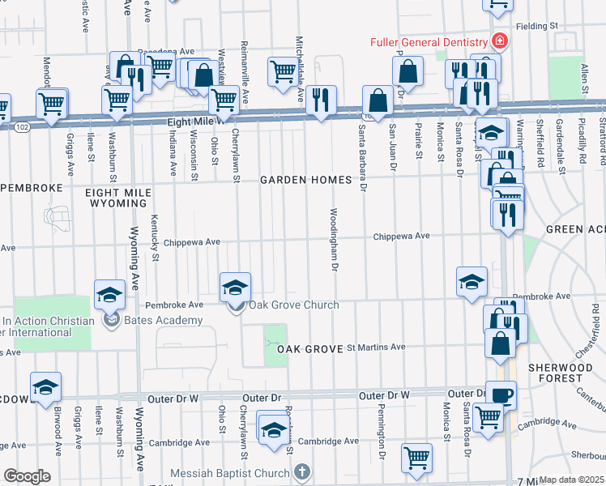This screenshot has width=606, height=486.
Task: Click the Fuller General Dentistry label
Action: click(x=429, y=41)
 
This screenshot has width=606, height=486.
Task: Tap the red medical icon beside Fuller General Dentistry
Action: click(x=500, y=40)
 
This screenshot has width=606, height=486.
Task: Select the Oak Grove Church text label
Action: click(x=292, y=305)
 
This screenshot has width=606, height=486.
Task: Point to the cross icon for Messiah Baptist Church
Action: click(x=301, y=472)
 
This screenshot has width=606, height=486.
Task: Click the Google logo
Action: click(x=26, y=476)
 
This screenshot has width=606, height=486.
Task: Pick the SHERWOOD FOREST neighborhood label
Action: click(x=565, y=373)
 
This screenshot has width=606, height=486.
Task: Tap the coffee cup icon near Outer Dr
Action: click(x=501, y=394)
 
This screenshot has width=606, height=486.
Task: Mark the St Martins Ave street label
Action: click(x=376, y=347)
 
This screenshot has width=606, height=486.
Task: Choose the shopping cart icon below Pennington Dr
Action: click(x=416, y=457)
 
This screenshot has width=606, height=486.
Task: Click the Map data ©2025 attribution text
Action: click(x=572, y=480)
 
